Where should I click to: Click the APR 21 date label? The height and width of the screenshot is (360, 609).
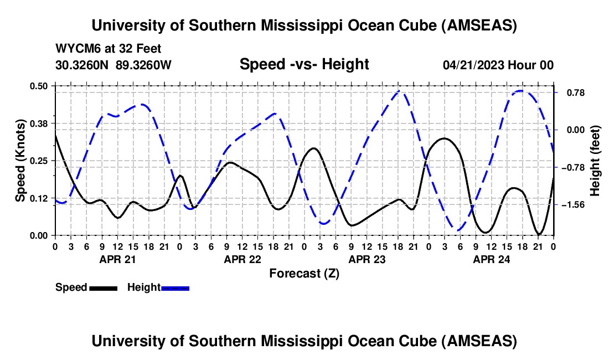coord(117,259)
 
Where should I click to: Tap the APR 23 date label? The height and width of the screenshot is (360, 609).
coord(366,259)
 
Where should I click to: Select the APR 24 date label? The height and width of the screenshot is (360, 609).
coord(491,259)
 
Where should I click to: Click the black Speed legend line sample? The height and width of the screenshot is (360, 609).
coord(102,288)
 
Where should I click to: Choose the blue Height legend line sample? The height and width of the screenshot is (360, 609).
coord(175,288)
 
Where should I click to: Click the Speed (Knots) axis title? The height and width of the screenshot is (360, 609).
coord(21,161)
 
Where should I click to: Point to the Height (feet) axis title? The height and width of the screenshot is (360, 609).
coord(595,161)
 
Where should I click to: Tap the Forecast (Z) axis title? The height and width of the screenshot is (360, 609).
coord(304,273)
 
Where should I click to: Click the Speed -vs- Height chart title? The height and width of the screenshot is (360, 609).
coord(304,65)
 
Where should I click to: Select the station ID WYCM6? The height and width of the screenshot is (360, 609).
coord(75,49)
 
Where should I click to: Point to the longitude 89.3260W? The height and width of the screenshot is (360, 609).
coord(144,65)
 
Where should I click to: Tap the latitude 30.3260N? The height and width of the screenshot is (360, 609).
coord(82,65)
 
